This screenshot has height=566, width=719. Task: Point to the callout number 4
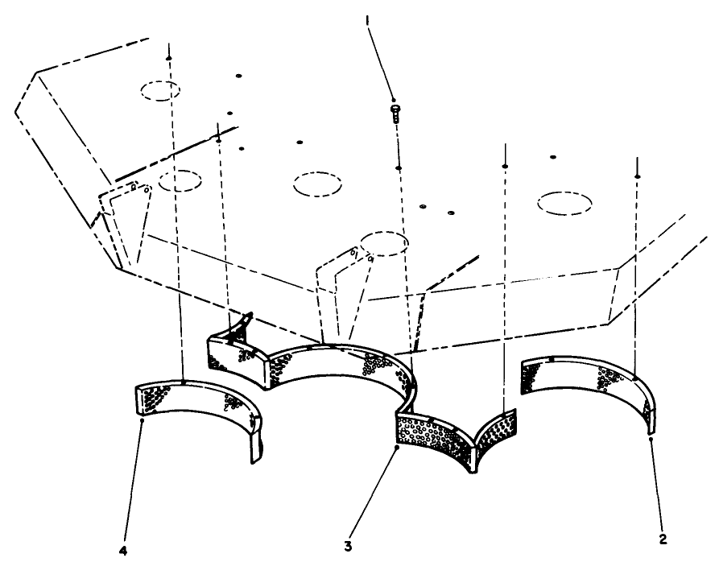(122, 552)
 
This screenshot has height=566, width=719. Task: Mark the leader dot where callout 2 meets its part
(651, 440)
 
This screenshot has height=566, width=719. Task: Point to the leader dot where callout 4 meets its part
(143, 419)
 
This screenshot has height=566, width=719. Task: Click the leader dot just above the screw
(392, 97)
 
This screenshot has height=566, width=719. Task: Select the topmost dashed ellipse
(160, 90)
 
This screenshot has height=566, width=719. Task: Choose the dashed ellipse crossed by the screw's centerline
(381, 242)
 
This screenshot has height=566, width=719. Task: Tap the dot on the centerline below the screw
(397, 167)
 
